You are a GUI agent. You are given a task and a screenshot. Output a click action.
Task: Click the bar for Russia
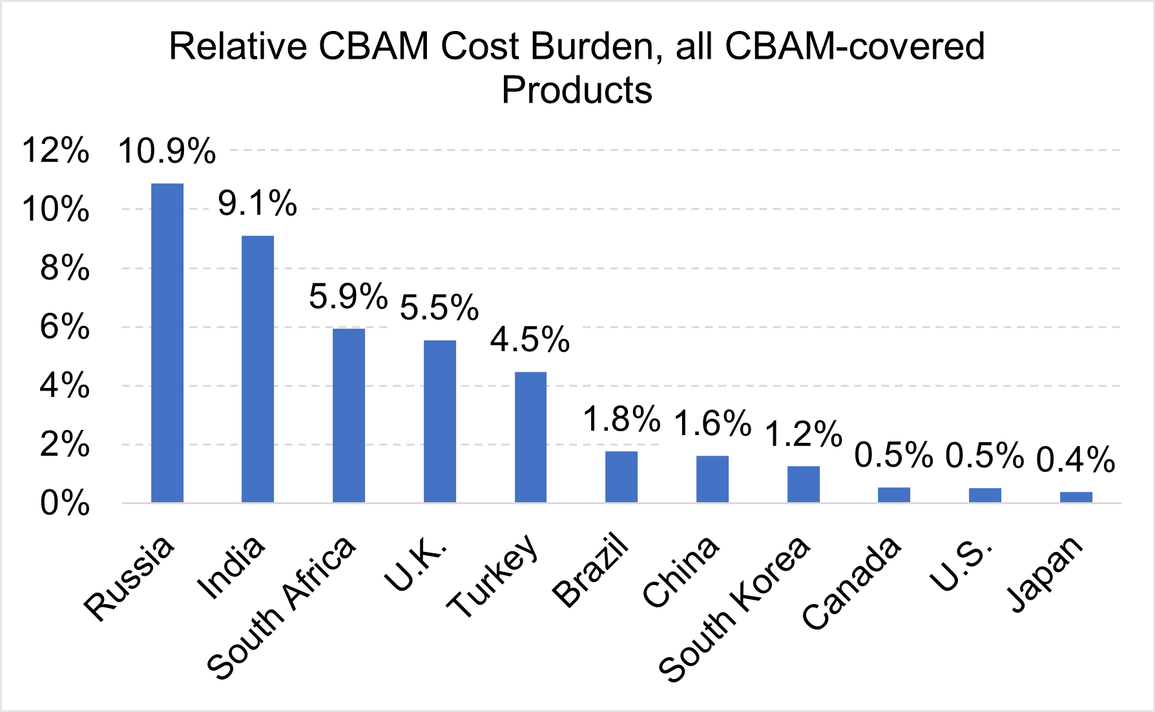click(x=167, y=343)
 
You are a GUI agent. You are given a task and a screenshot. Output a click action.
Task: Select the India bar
click(x=258, y=369)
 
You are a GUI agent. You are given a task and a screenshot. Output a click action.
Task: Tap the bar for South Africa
click(x=349, y=415)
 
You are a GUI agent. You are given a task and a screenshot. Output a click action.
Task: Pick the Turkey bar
click(x=530, y=437)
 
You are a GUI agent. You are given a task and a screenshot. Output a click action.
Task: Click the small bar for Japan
click(x=1076, y=497)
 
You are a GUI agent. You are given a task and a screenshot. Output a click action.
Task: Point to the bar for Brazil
click(x=621, y=476)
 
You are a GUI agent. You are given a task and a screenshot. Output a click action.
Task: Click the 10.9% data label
click(x=167, y=152)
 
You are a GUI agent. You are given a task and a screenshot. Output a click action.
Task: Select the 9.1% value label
click(x=257, y=204)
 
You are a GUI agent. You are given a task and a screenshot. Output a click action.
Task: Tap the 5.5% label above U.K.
click(x=439, y=307)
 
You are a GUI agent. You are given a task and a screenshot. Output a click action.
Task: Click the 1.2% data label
click(x=804, y=434)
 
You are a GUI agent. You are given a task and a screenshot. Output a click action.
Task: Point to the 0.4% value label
click(x=1076, y=460)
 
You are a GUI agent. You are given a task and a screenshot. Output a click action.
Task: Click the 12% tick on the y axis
click(x=56, y=150)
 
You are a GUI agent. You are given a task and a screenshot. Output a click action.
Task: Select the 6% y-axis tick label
click(x=65, y=327)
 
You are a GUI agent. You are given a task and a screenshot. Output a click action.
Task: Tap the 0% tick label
click(x=65, y=503)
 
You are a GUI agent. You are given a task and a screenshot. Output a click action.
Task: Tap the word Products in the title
click(x=577, y=90)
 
